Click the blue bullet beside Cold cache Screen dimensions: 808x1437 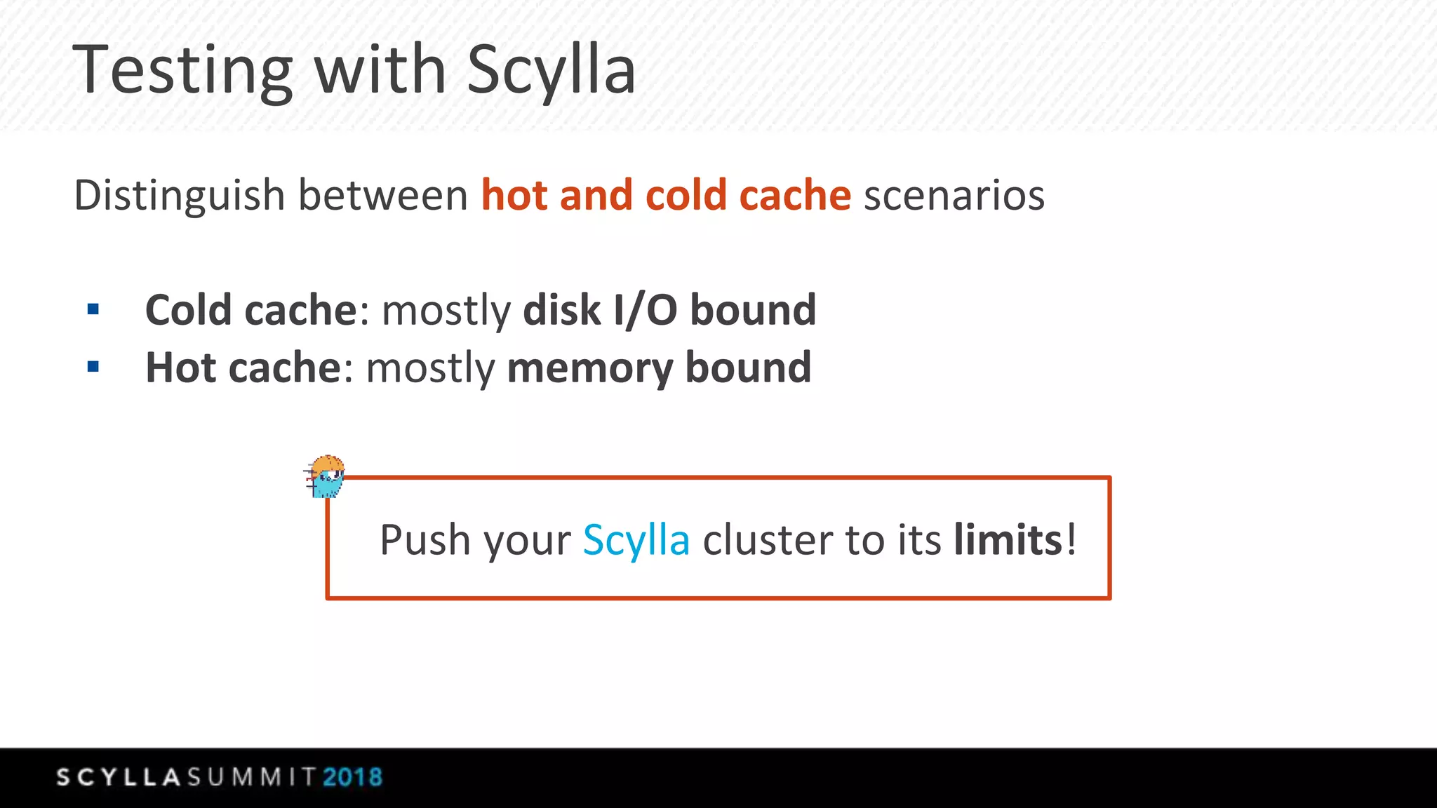click(x=93, y=309)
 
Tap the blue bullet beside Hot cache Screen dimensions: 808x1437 click(x=93, y=366)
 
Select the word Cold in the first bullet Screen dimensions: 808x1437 click(x=187, y=310)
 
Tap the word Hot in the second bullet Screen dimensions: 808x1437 click(x=180, y=368)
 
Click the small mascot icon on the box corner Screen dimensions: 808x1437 click(x=326, y=476)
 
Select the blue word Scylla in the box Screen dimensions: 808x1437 click(x=636, y=540)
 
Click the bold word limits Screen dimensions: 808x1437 click(x=1008, y=540)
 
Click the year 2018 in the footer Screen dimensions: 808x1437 click(x=352, y=777)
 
